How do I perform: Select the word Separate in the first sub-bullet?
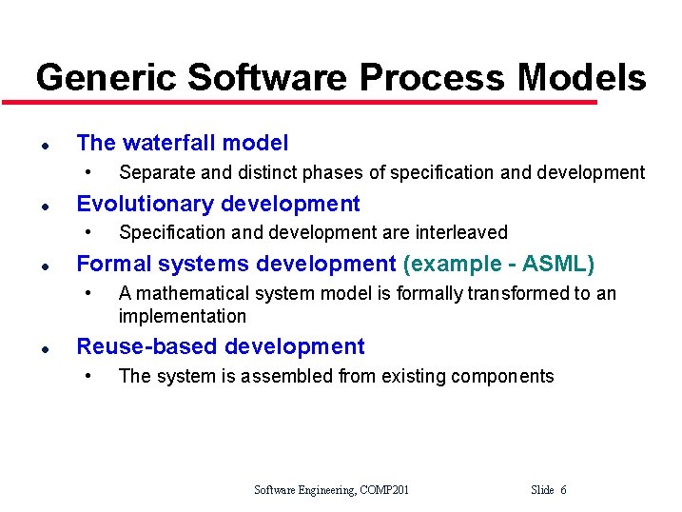point(151,172)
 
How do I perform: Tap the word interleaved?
point(462,232)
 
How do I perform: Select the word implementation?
point(182,316)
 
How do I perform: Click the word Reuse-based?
point(143,346)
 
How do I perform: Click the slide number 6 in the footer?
point(563,490)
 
